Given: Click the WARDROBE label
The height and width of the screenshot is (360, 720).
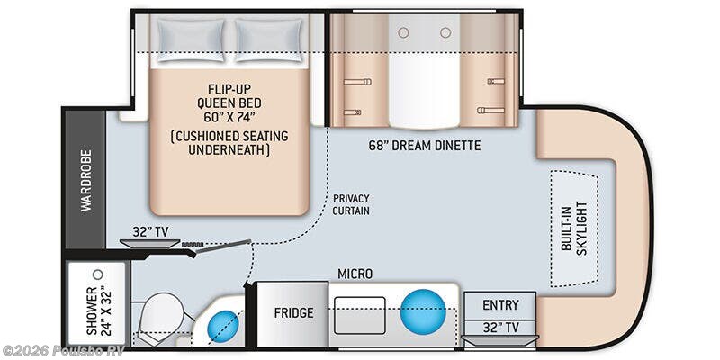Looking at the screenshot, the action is click(x=85, y=181).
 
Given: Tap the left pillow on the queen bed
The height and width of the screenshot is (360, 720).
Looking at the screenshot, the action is click(x=191, y=40).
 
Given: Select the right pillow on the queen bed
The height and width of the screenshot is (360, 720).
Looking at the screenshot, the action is click(x=269, y=40).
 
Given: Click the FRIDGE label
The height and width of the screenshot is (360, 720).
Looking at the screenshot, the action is click(x=294, y=313).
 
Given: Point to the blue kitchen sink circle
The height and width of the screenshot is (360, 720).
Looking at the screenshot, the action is click(x=423, y=311).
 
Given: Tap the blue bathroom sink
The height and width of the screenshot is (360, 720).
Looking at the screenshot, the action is click(x=223, y=327).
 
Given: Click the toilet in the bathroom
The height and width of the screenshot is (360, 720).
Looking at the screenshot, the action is click(x=161, y=317).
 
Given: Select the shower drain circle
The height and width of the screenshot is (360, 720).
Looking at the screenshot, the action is click(x=97, y=274).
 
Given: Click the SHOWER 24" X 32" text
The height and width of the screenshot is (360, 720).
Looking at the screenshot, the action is click(x=99, y=310).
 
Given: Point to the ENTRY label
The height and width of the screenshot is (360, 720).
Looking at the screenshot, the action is click(x=500, y=305).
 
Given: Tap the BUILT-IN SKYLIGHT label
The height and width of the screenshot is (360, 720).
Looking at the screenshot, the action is click(x=574, y=229).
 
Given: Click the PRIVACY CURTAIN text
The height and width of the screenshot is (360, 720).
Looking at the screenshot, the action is click(x=351, y=205).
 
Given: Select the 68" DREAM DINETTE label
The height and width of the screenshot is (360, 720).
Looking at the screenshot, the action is click(x=425, y=146).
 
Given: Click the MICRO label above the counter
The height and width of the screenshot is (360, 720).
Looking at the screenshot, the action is click(x=355, y=274).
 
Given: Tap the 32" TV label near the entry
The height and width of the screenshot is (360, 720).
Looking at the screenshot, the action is click(x=500, y=328).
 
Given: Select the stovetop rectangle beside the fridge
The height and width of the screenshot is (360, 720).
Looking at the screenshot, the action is click(x=359, y=315).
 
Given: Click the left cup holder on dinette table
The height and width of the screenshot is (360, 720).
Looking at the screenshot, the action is click(x=403, y=32).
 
